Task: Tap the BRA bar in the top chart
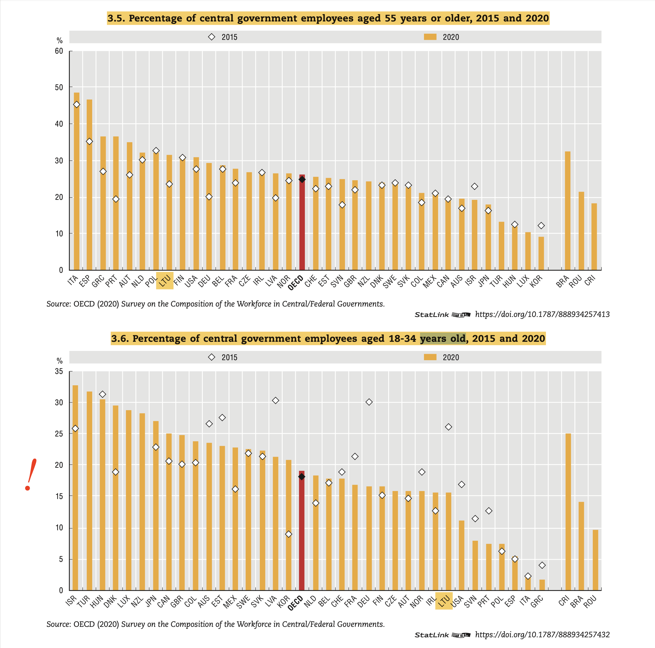pos(567,210)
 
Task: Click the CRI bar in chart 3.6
pos(568,512)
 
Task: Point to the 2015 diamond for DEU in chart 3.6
pos(369,402)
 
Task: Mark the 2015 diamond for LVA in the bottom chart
pos(276,401)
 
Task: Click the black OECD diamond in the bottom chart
pos(302,477)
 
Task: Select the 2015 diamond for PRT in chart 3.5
pos(116,199)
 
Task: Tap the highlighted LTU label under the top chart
pos(165,281)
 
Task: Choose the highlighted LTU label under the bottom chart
pos(444,601)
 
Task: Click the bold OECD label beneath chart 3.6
pos(295,604)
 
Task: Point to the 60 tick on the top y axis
pos(59,51)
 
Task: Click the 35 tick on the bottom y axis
pos(59,372)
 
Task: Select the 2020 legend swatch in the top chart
pos(430,37)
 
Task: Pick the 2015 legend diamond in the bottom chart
pos(212,357)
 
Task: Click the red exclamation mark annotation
pos(31,475)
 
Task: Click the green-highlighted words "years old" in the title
pos(442,339)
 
